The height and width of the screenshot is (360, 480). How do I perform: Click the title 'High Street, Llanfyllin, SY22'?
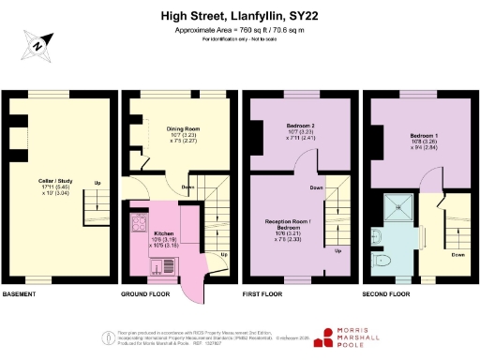pos(240,16)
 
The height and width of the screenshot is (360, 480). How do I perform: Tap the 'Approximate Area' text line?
pos(240,30)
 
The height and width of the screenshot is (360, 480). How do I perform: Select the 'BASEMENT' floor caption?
pos(20,294)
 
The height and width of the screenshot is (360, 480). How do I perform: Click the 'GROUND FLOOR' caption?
pos(144,294)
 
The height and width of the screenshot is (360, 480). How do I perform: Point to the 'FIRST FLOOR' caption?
pos(262,294)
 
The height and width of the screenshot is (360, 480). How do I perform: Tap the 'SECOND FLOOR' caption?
pos(386,294)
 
